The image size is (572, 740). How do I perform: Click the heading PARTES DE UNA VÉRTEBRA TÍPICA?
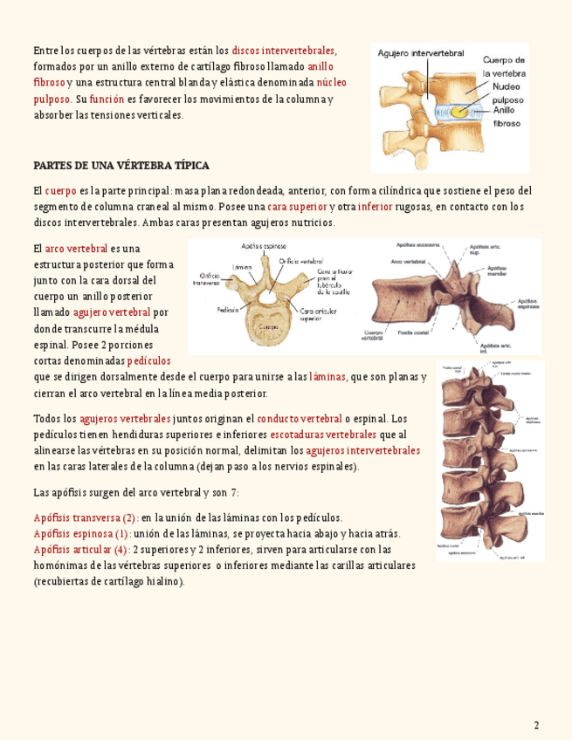pyautogui.click(x=121, y=166)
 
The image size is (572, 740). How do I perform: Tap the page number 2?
pyautogui.click(x=536, y=725)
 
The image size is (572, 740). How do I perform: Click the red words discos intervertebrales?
pyautogui.click(x=283, y=50)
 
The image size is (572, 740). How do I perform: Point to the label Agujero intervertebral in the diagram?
pyautogui.click(x=420, y=54)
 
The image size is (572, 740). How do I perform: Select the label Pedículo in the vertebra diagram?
pyautogui.click(x=230, y=309)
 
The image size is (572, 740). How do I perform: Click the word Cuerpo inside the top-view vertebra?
pyautogui.click(x=268, y=326)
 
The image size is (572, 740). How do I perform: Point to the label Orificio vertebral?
pyautogui.click(x=301, y=260)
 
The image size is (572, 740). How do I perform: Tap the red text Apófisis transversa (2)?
pyautogui.click(x=86, y=517)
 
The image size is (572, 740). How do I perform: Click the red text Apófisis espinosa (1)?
pyautogui.click(x=82, y=533)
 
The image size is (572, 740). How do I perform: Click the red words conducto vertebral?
pyautogui.click(x=300, y=419)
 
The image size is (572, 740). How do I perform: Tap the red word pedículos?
pyautogui.click(x=148, y=360)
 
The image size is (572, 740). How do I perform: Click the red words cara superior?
pyautogui.click(x=297, y=207)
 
